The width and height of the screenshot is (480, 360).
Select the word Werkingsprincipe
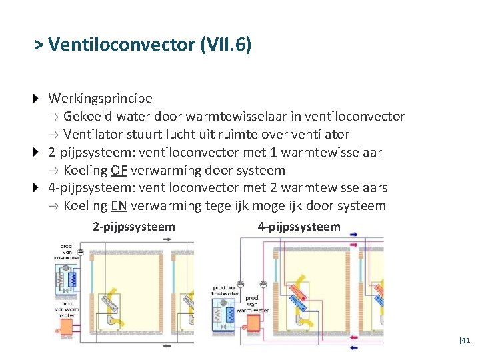coord(100,99)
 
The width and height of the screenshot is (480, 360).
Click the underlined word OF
coord(120,170)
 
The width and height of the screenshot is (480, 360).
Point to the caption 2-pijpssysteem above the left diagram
coord(134,227)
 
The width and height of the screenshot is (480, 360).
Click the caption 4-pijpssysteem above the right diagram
coord(299,227)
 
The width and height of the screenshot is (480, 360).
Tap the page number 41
coord(465,340)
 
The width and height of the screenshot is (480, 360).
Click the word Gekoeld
coord(88,117)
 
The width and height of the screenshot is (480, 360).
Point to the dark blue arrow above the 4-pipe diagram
coord(353,234)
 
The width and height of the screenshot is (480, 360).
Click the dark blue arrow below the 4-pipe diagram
coord(353,346)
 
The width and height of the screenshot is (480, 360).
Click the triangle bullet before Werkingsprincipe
coord(37,99)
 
